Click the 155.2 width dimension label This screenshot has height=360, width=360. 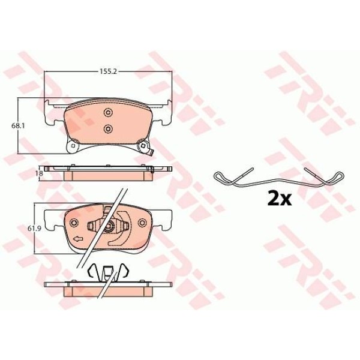coord(108,71)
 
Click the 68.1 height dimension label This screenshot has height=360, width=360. coord(18,126)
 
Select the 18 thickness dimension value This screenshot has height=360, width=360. coord(40,173)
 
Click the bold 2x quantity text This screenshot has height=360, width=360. coord(280,199)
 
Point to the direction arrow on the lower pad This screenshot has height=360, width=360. coord(78,239)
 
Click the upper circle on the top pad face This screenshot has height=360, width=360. coord(107,113)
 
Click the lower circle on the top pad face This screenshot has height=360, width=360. coord(107,129)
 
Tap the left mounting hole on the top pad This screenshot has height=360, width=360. coord(73,146)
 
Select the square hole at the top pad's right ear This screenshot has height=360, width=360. coord(143,146)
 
